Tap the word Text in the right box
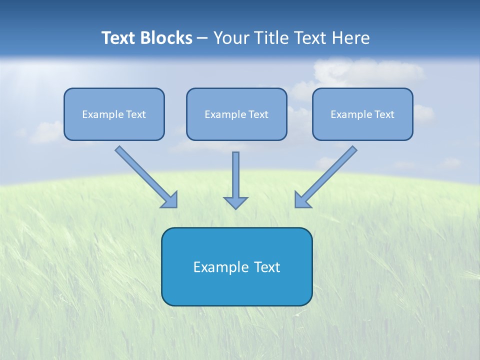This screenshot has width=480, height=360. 384,114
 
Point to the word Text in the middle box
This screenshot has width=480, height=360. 258,114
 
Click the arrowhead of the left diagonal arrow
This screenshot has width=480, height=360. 170,200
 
